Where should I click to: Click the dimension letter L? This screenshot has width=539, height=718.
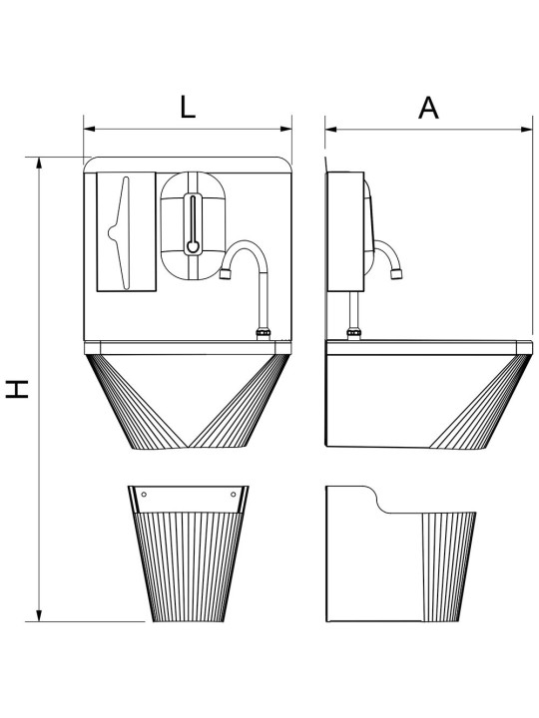click(x=188, y=108)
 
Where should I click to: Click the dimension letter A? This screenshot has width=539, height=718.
click(x=428, y=108)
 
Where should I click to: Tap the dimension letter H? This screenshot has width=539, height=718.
click(x=17, y=389)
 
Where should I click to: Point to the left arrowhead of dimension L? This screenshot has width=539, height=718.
click(x=90, y=129)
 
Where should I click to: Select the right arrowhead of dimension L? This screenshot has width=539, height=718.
click(x=286, y=129)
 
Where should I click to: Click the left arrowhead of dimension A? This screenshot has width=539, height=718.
click(x=331, y=130)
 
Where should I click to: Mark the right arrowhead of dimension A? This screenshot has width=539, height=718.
click(x=527, y=130)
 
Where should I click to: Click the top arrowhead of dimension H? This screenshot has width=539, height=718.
click(x=39, y=164)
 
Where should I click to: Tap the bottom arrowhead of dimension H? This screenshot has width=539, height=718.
click(x=39, y=615)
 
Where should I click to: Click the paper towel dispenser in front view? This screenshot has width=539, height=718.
click(x=127, y=231)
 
